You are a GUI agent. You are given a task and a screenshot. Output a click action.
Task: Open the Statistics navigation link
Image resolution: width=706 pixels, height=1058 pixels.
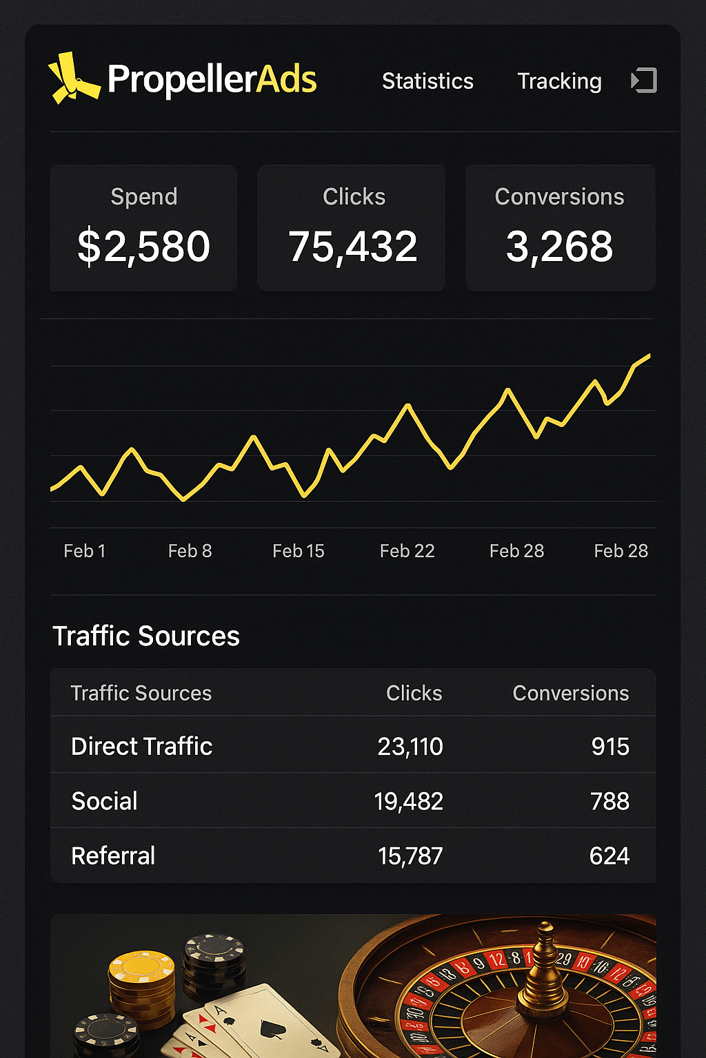pos(427,81)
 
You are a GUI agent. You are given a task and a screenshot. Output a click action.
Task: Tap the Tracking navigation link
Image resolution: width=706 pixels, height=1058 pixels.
pos(559,81)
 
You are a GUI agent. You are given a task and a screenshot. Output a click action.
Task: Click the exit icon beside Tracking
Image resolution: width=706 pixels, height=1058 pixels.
pos(644,81)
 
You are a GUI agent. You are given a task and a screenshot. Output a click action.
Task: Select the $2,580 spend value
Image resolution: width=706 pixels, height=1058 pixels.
pos(143,247)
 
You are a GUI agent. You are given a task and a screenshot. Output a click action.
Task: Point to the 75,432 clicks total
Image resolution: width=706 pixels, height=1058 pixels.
pos(352,247)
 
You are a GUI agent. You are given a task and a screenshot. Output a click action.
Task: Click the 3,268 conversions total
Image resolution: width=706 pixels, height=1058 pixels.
pos(559,247)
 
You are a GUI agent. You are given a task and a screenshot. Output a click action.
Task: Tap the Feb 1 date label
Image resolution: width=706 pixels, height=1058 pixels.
pos(84,551)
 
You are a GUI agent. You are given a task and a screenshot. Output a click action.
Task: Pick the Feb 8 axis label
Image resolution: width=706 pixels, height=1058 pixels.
pos(190,551)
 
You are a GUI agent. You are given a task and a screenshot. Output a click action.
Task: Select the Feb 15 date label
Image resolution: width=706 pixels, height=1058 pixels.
pos(298,551)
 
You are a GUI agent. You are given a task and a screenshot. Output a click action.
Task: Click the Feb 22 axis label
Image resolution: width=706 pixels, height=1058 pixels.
pos(407,551)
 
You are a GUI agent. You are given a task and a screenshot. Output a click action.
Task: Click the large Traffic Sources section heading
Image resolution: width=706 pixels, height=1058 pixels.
pos(146,636)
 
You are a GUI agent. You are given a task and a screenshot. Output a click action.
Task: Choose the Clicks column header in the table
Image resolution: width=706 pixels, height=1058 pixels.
pos(414,693)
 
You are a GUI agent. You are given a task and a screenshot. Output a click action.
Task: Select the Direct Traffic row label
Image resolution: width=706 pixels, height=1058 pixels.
pos(141,746)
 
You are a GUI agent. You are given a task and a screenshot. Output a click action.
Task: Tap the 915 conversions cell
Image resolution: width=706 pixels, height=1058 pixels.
pos(610,747)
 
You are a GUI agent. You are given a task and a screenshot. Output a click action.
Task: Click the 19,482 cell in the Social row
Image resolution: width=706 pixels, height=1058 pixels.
pos(408,801)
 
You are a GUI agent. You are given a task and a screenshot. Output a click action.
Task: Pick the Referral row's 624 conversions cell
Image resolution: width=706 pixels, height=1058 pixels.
pos(609,856)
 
